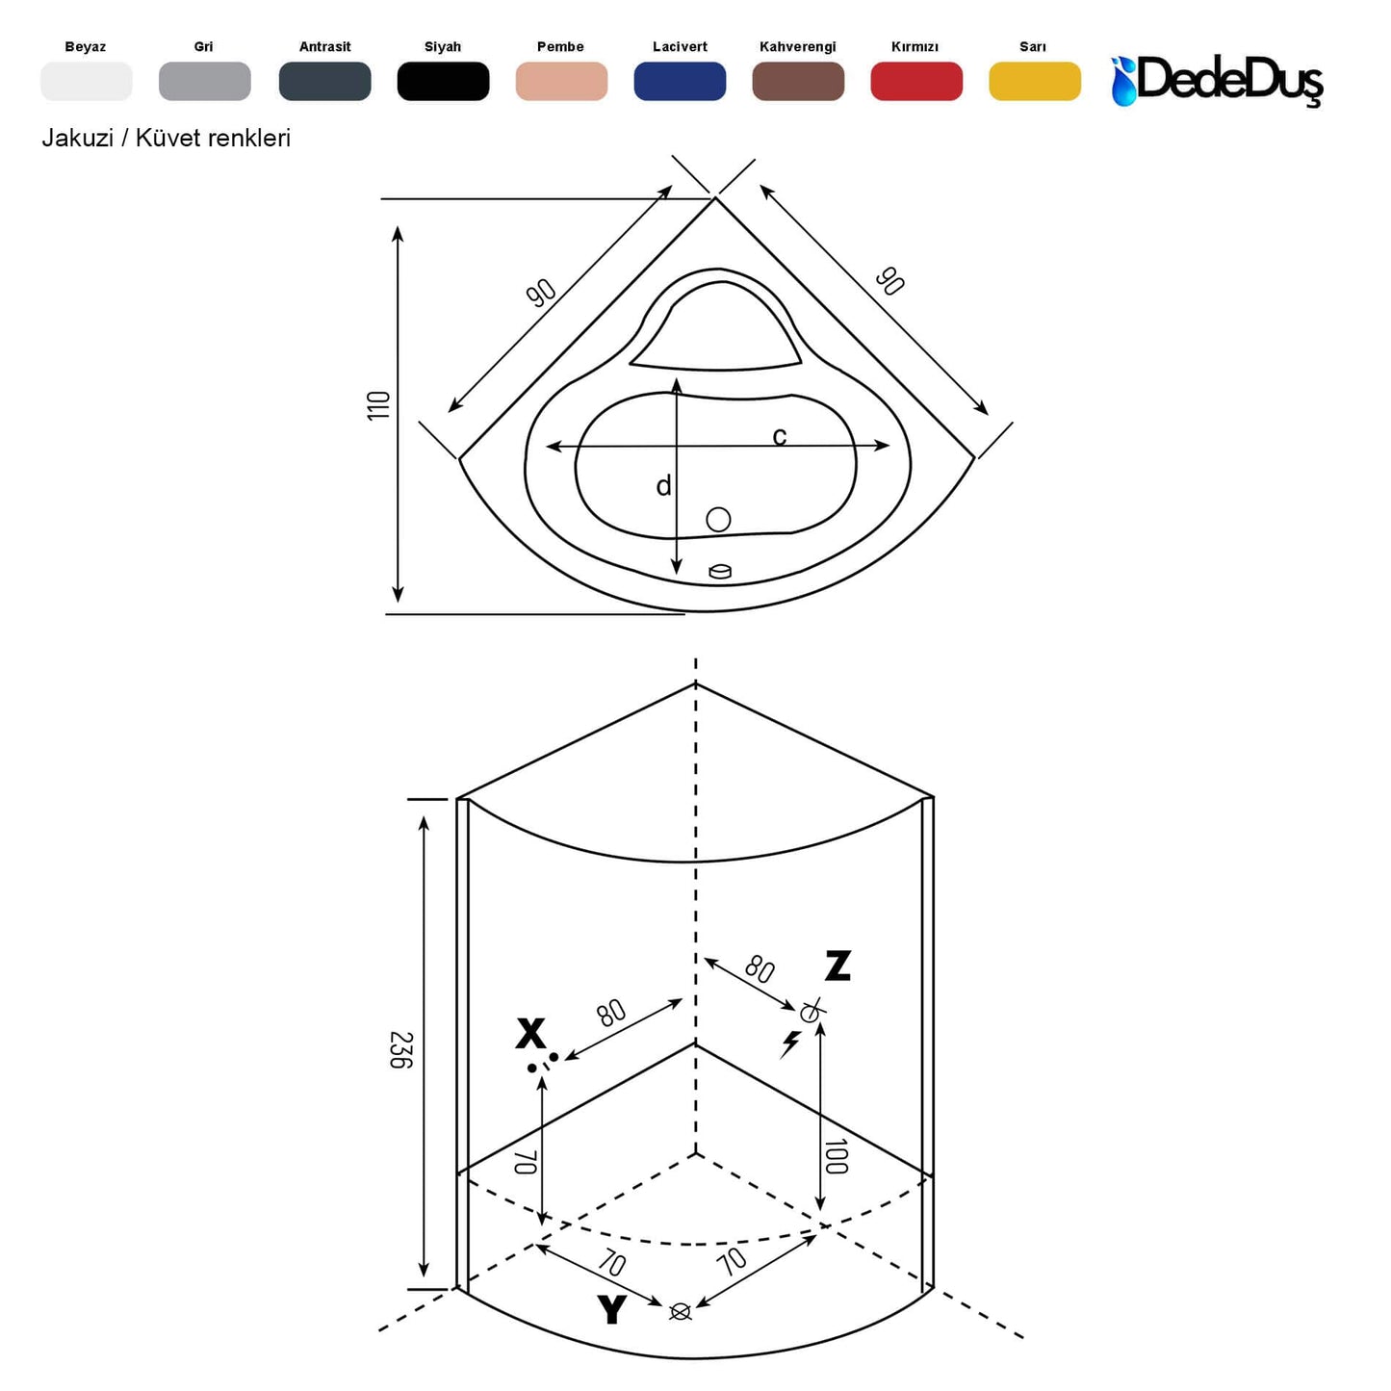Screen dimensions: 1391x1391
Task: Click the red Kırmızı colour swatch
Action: coord(915,82)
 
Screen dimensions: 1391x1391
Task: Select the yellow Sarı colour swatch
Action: coord(1034,82)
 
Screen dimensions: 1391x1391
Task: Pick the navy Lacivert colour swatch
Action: coord(679,82)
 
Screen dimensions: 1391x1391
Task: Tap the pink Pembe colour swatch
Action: coord(561,82)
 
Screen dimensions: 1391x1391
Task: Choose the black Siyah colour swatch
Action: coord(443,82)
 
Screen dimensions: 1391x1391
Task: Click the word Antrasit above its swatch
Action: coord(324,46)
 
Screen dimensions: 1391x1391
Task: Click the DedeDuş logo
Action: coord(1218,80)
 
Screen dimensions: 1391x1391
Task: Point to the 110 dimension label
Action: coord(378,404)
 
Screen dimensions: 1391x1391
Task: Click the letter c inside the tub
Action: coord(780,437)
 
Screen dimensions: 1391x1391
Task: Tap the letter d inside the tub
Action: coord(663,487)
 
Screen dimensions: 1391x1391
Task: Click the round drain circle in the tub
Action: coord(718,520)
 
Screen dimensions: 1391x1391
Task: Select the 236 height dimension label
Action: coord(401,1049)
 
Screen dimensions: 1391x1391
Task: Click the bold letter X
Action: coord(530,1034)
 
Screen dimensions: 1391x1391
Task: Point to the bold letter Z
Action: coord(837,966)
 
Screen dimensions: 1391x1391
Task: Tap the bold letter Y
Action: coord(611,1310)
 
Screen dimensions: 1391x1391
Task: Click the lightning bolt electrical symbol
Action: coord(790,1043)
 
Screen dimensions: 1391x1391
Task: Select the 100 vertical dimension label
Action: coord(836,1156)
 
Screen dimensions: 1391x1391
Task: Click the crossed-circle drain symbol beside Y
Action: coord(680,1311)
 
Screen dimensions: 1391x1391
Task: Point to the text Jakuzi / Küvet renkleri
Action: coord(166,138)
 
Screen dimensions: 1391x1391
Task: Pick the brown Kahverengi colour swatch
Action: coord(797,82)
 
